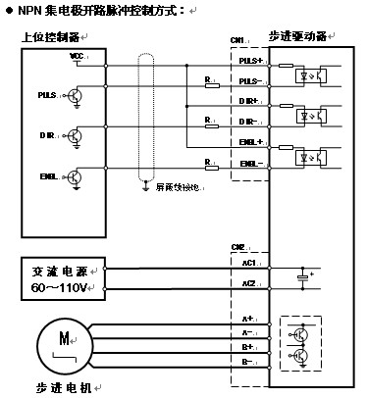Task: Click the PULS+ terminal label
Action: pos(249,61)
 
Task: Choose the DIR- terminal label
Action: pos(249,122)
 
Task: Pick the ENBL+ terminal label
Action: pos(249,142)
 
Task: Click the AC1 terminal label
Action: pos(248,263)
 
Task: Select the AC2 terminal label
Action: pos(248,283)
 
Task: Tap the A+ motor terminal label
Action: pos(247,320)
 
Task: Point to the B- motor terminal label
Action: pos(247,362)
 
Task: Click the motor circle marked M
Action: pos(64,343)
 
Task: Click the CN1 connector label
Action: pos(236,41)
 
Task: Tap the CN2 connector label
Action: pos(236,247)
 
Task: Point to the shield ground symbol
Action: pos(145,182)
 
